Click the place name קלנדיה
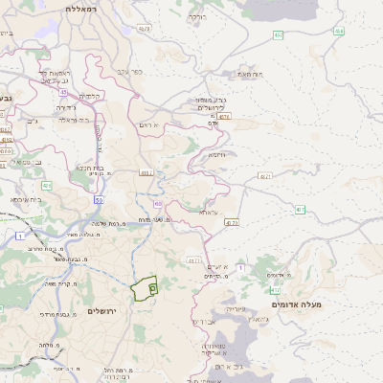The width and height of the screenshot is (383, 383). point(90,95)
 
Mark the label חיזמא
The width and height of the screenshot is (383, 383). point(216,154)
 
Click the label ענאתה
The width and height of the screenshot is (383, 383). point(209,211)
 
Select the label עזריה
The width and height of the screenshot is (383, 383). point(234,309)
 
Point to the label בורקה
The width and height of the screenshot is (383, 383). point(197,16)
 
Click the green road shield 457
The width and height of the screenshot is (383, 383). point(278,36)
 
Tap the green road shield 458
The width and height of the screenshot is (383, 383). point(339,32)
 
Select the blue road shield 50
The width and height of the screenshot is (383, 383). point(99,200)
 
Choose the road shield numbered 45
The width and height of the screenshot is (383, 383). point(46,185)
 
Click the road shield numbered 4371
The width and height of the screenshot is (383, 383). point(264,175)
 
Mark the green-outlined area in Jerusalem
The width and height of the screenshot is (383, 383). point(144,287)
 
